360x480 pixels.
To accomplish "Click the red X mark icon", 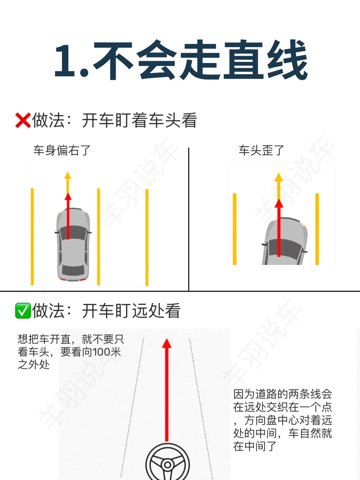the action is point(23,120).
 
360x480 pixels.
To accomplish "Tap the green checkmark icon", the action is point(23,311).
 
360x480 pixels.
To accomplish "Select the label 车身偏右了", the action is point(62,150).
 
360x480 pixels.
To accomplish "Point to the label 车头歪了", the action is point(261,150).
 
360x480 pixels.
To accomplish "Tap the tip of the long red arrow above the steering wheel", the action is point(167,339).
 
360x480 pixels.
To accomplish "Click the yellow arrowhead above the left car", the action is point(68,176).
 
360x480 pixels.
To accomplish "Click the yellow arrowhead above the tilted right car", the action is point(279,177).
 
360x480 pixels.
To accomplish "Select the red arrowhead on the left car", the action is point(68,196).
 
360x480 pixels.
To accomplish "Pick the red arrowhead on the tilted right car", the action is point(279,203).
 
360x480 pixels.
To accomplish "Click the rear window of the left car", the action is point(73,270).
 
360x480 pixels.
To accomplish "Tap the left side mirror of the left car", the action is point(57,232).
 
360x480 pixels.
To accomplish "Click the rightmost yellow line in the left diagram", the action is point(147,237).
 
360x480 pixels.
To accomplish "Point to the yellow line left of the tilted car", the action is point(235,229).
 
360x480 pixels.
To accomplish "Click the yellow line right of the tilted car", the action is point(317,229).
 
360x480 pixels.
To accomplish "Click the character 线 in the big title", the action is point(287,60).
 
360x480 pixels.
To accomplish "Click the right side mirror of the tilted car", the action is point(305,251).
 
